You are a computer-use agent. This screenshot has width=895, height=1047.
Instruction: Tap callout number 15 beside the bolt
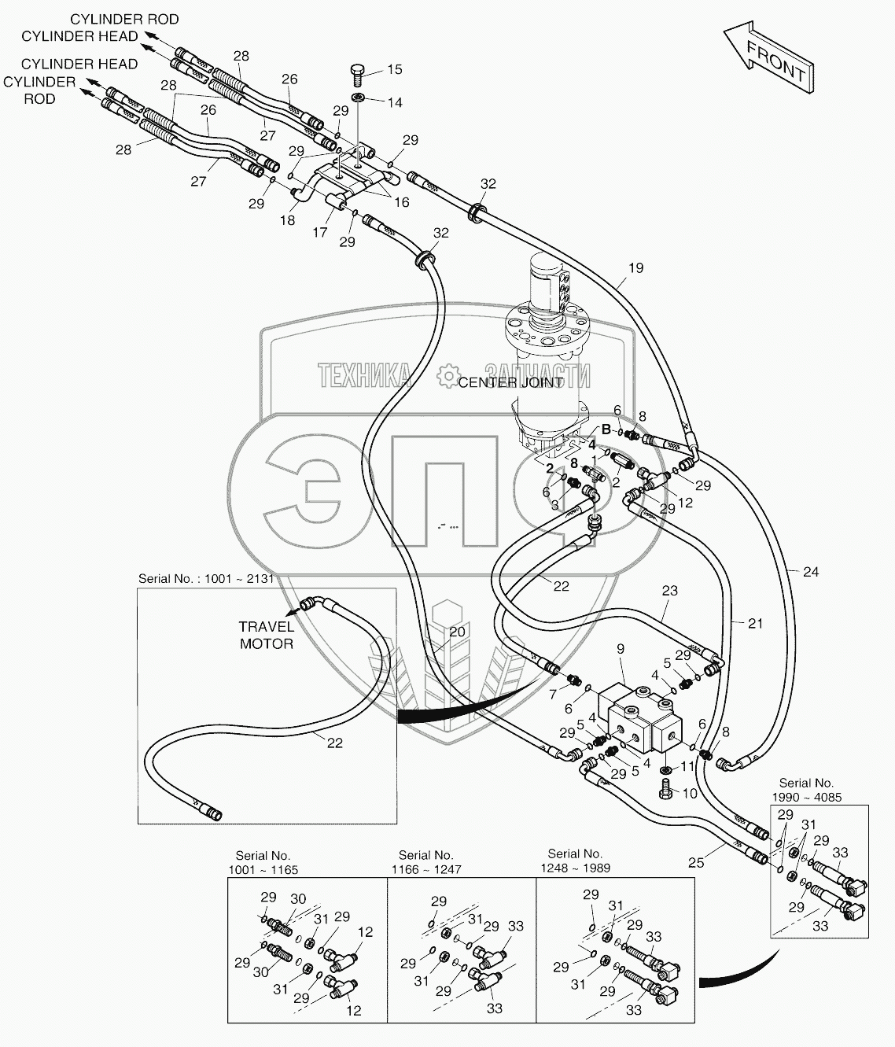(394, 69)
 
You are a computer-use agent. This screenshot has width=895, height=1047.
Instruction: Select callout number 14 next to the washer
(394, 102)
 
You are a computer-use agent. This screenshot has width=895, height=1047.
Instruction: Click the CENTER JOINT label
(510, 382)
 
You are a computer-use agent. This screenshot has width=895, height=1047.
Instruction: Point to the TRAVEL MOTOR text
(267, 635)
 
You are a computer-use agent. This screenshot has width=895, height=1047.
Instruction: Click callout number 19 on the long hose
(635, 267)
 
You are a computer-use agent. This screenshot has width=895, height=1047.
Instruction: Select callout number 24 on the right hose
(810, 572)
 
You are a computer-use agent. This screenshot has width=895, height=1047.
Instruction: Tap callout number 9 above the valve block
(621, 649)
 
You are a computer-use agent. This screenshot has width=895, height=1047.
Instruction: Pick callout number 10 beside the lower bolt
(689, 794)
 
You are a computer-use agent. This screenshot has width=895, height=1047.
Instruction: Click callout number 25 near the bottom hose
(695, 863)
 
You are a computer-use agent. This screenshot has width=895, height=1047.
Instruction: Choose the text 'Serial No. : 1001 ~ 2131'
(206, 578)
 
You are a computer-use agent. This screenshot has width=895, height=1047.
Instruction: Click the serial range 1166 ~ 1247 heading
(425, 862)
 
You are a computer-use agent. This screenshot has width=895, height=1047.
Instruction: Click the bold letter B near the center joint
(606, 429)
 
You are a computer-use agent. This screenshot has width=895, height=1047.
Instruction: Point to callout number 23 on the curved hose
(669, 590)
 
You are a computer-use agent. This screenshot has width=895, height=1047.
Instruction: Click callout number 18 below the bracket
(288, 220)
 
